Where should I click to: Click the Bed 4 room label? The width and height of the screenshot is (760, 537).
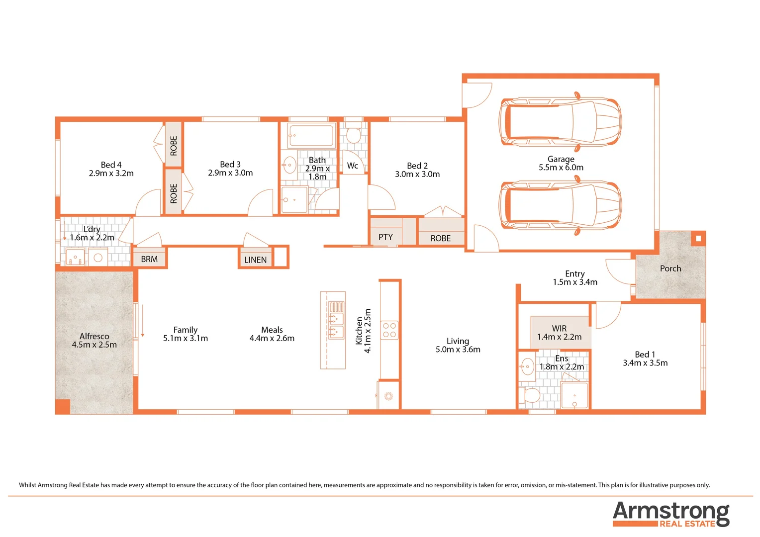coord(111,165)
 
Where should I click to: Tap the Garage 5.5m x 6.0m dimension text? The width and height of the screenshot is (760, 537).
coord(561,168)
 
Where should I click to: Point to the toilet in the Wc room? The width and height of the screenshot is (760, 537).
coord(353,135)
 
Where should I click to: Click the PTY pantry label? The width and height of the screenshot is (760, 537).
coord(385,237)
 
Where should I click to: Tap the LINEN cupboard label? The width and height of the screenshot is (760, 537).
coord(255,260)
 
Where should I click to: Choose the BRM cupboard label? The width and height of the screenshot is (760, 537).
coord(149,259)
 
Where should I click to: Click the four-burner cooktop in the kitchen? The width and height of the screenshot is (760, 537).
coord(389,330)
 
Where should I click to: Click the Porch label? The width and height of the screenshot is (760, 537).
coord(670,268)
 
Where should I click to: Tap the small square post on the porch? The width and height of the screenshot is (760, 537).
coord(698,239)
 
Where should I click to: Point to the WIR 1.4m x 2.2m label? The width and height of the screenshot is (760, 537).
coord(559,333)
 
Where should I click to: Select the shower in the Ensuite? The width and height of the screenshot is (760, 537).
coord(574,396)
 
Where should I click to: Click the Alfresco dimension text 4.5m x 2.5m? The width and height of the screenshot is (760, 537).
coord(94,345)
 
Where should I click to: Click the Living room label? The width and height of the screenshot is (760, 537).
coord(458,341)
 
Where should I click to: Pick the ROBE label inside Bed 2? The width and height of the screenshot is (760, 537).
coord(440,238)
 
